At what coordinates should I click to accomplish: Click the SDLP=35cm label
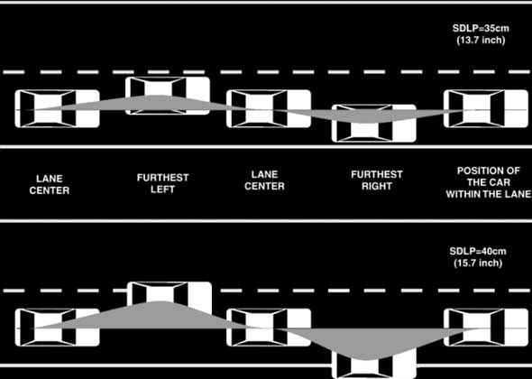tap(481, 28)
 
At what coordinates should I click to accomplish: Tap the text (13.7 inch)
tap(481, 41)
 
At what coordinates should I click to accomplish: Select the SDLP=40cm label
tap(478, 251)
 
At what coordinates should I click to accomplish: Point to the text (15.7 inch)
tap(478, 263)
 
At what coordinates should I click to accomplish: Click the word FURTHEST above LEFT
tap(163, 178)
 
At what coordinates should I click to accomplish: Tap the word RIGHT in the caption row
tap(377, 187)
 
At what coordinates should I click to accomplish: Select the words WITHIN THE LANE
tap(489, 194)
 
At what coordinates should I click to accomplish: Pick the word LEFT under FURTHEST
tap(163, 189)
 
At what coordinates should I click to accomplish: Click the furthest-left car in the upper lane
tap(168, 96)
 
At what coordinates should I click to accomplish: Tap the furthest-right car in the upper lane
tap(373, 124)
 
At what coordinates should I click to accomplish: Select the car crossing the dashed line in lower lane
tap(170, 299)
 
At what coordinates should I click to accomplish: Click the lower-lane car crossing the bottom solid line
tap(373, 364)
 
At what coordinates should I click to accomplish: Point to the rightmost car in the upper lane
tap(486, 108)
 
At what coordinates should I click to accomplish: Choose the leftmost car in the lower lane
tap(58, 328)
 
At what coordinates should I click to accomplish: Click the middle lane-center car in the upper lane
tap(269, 108)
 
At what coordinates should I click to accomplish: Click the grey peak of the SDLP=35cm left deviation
tap(158, 97)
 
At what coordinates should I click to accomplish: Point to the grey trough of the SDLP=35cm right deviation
tap(368, 122)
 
